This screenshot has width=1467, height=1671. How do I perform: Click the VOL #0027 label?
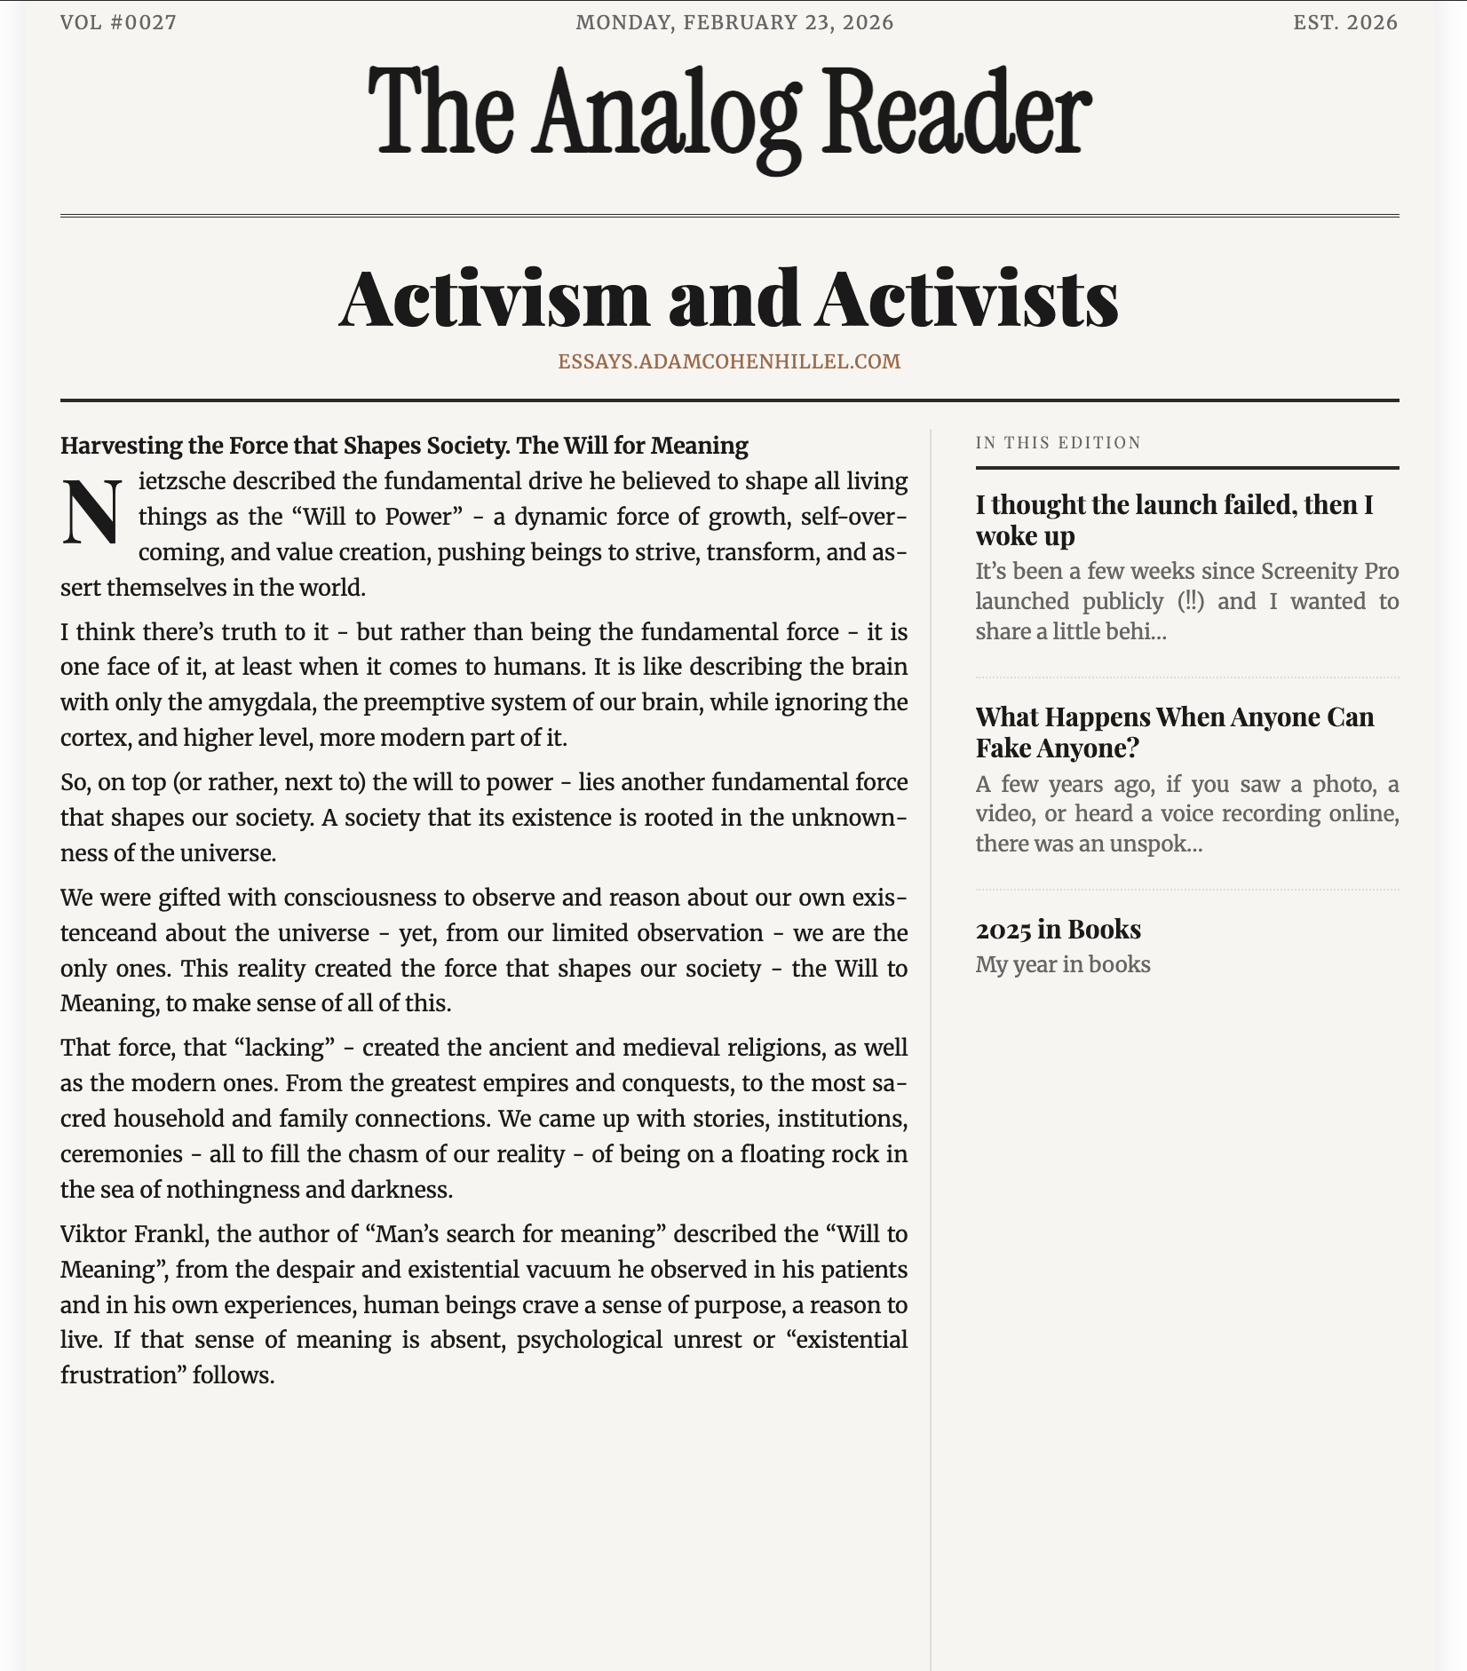pyautogui.click(x=118, y=22)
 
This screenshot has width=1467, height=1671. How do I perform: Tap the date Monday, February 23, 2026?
pyautogui.click(x=734, y=22)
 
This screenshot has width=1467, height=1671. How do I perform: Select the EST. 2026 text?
pyautogui.click(x=1344, y=22)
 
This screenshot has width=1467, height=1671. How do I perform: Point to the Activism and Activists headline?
pyautogui.click(x=729, y=299)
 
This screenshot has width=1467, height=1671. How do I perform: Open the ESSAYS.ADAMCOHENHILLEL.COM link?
pyautogui.click(x=729, y=361)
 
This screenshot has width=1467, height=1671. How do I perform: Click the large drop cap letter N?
pyautogui.click(x=91, y=513)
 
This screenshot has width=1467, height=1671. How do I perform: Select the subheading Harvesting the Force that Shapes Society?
pyautogui.click(x=404, y=445)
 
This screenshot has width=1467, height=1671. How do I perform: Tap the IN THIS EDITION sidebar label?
pyautogui.click(x=1058, y=442)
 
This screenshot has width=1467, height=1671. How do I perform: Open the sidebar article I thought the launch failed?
pyautogui.click(x=1174, y=519)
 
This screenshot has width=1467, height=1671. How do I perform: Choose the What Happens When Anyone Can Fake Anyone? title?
pyautogui.click(x=1174, y=732)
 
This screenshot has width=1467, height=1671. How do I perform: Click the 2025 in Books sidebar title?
pyautogui.click(x=1058, y=929)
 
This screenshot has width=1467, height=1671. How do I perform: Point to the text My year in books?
pyautogui.click(x=1062, y=964)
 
